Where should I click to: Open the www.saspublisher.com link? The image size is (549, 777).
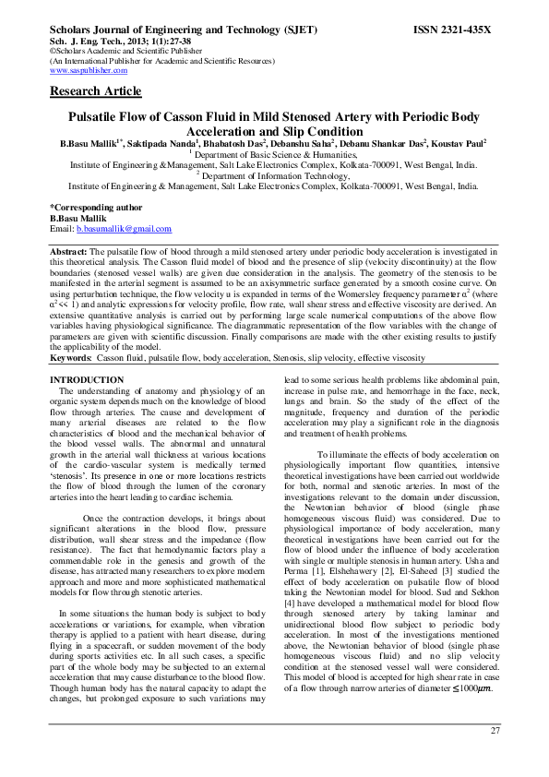click(x=89, y=70)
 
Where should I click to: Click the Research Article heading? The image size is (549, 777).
click(x=96, y=91)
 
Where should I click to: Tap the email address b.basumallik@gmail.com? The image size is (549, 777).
click(x=123, y=227)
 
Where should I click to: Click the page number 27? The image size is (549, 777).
click(x=495, y=731)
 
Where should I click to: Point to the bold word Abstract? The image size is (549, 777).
click(x=68, y=251)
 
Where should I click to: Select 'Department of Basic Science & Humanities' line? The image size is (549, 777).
click(x=276, y=155)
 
